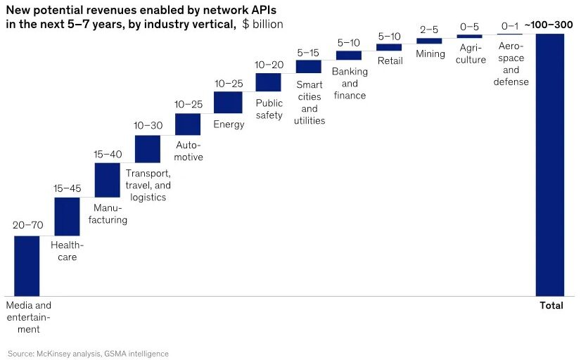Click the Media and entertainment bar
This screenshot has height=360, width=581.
pyautogui.click(x=27, y=266)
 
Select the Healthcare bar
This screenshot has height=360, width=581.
pyautogui.click(x=67, y=217)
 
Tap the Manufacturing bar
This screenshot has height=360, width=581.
pyautogui.click(x=108, y=180)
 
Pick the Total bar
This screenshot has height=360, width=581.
pyautogui.click(x=549, y=165)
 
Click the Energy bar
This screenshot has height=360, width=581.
pyautogui.click(x=228, y=102)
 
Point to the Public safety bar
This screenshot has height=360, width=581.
pyautogui.click(x=268, y=82)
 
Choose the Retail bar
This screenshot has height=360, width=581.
pyautogui.click(x=389, y=47)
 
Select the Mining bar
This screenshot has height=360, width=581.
pyautogui.click(x=429, y=41)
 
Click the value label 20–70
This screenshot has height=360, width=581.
pyautogui.click(x=27, y=226)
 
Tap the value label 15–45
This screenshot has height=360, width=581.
pyautogui.click(x=68, y=188)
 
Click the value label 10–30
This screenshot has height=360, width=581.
pyautogui.click(x=148, y=125)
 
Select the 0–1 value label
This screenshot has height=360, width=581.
pyautogui.click(x=509, y=26)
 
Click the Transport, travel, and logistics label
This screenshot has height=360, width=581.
pyautogui.click(x=148, y=185)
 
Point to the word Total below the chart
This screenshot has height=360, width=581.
pyautogui.click(x=551, y=306)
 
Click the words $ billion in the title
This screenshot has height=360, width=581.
pyautogui.click(x=262, y=24)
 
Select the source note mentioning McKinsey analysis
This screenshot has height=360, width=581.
pyautogui.click(x=88, y=353)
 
